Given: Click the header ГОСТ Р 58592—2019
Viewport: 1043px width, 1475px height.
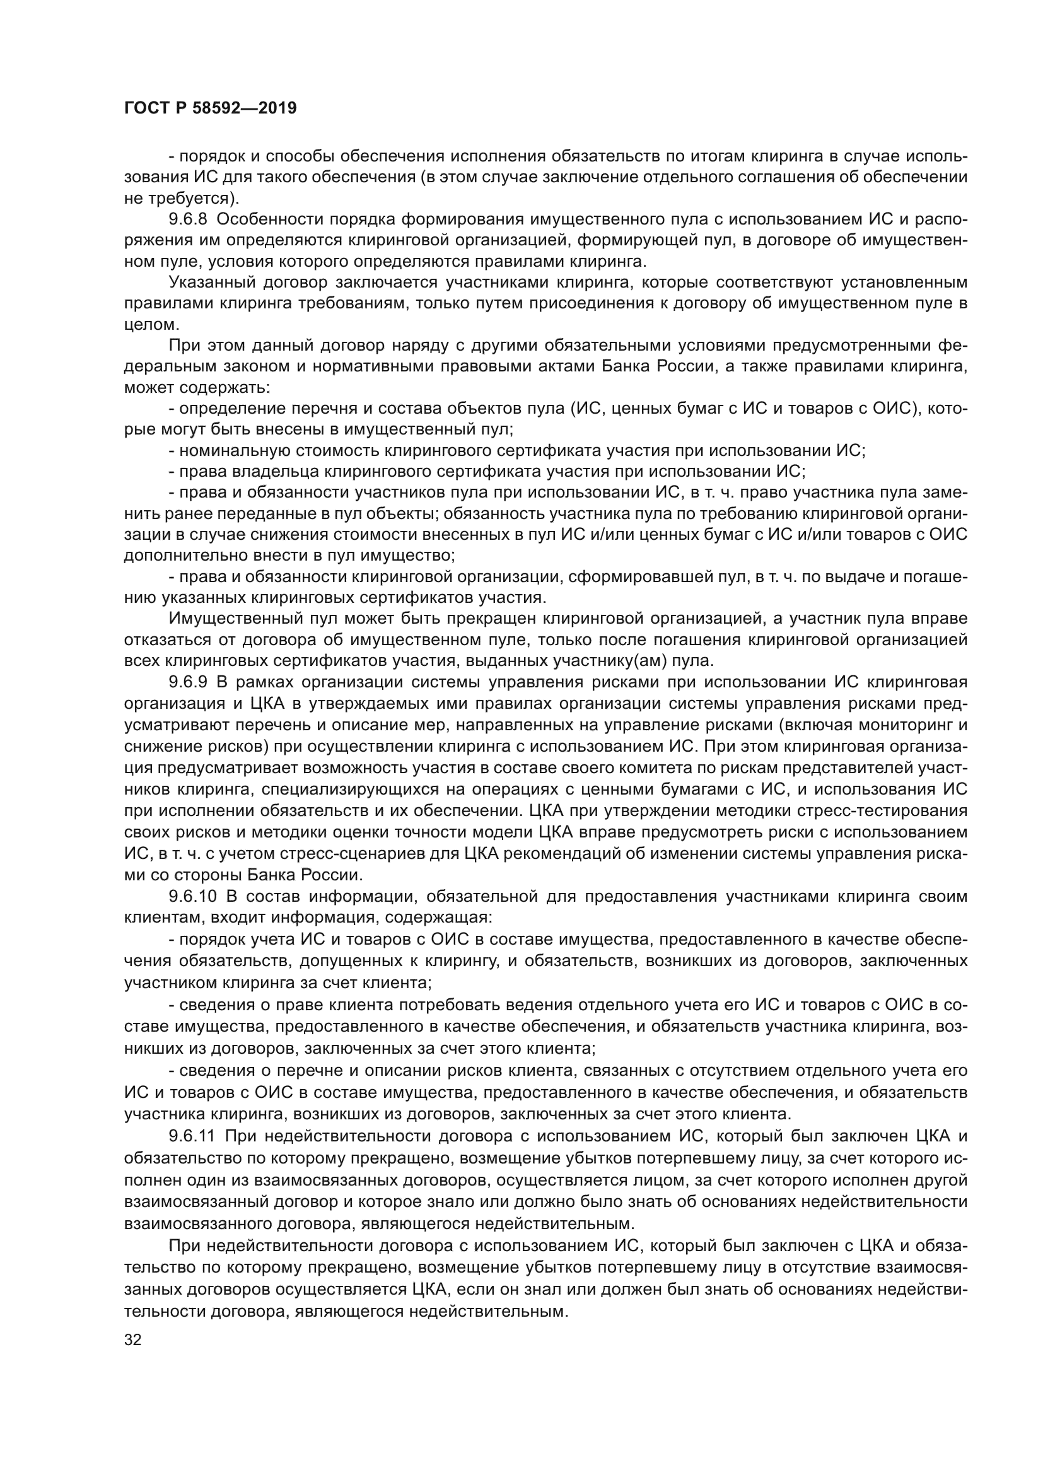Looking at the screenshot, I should tap(210, 108).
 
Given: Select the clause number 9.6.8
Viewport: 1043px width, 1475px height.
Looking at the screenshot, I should tap(187, 219).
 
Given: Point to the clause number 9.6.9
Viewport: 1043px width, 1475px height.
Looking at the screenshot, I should tap(187, 682).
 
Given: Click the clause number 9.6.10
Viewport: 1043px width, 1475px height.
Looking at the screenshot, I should tap(192, 897).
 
